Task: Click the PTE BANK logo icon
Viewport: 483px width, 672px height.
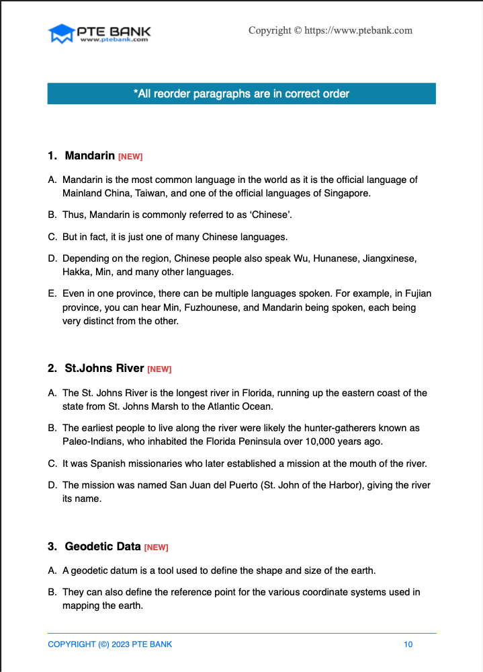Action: tap(60, 34)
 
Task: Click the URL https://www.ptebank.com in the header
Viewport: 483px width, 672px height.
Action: tap(358, 30)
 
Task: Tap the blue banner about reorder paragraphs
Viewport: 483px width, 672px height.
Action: tap(241, 94)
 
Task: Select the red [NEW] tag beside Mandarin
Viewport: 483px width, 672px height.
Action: tap(130, 157)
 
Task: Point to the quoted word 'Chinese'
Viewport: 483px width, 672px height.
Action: tap(269, 215)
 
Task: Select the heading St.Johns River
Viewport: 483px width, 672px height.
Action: tap(104, 369)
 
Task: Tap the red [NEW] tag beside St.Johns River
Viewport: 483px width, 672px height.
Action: tap(159, 369)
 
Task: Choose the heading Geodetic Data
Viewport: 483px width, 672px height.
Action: tap(103, 546)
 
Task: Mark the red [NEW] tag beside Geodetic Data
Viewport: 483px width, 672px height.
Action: tap(156, 548)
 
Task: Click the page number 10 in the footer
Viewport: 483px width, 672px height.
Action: tap(408, 644)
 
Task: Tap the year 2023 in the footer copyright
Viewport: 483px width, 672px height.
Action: tap(120, 644)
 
